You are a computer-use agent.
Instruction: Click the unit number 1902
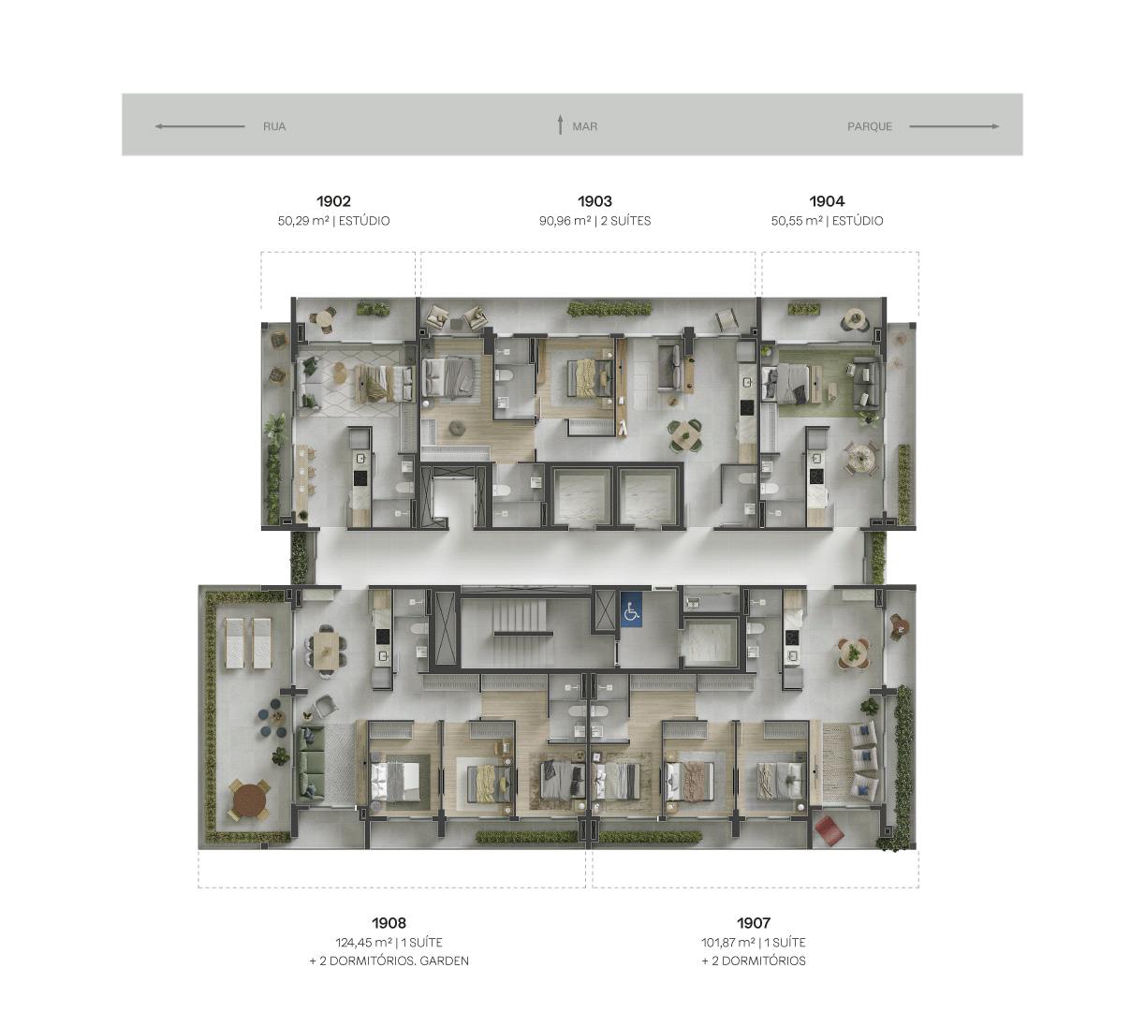[333, 201]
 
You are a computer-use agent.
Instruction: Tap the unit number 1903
[595, 201]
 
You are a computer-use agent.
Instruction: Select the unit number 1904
[827, 201]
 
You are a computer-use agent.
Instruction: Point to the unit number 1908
[389, 923]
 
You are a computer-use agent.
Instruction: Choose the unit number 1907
[754, 923]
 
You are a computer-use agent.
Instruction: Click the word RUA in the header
[274, 126]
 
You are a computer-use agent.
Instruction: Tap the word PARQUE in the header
[869, 126]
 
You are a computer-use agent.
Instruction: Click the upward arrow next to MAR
[560, 125]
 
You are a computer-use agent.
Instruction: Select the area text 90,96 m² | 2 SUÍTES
[595, 221]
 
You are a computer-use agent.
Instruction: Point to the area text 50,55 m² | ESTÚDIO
[827, 221]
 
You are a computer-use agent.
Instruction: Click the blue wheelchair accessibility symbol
[631, 609]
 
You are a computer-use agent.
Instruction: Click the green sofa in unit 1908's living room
[310, 765]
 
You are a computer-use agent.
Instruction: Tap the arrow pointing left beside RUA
[199, 126]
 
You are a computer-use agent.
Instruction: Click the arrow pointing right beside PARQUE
[954, 126]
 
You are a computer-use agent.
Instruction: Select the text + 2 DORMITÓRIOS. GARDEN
[389, 961]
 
